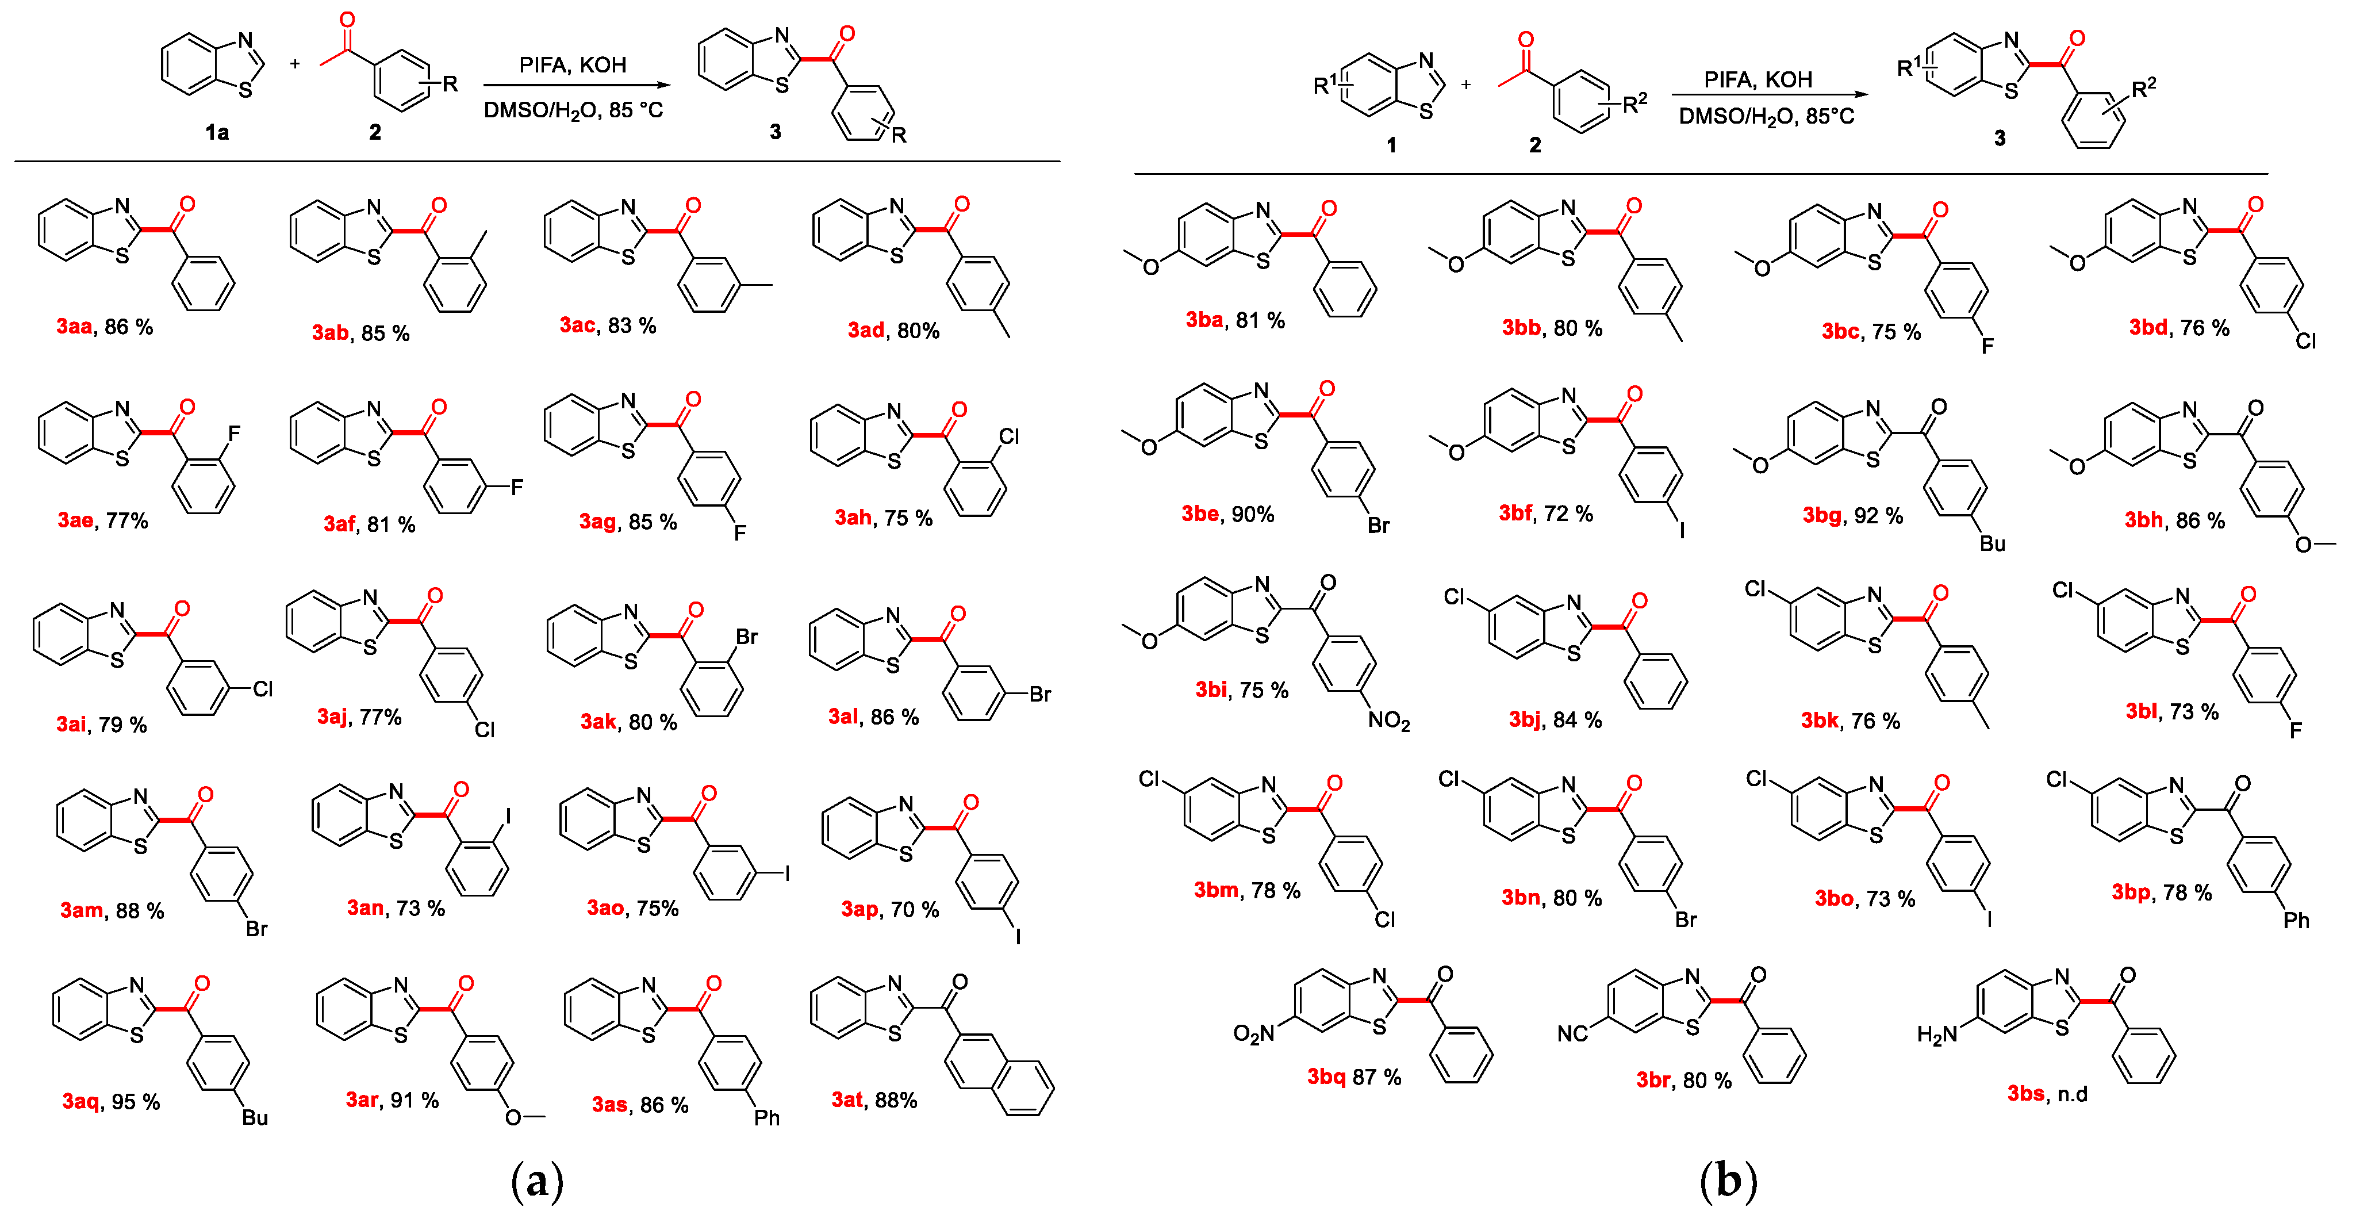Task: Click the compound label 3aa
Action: coord(74,327)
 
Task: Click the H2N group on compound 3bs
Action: coord(1936,1035)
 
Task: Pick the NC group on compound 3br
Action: coord(1572,1033)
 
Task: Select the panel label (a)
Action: coord(537,1181)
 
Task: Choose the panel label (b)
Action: coord(1728,1181)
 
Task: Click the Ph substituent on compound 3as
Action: coord(766,1118)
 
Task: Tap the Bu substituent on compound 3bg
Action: coord(1992,543)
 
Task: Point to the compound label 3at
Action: coord(846,1100)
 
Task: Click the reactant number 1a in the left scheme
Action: coord(217,133)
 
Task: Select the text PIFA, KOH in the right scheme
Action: coord(1758,79)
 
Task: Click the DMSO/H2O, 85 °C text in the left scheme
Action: coord(573,110)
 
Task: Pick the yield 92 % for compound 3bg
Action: coord(1879,516)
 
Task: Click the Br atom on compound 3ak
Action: coord(746,637)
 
